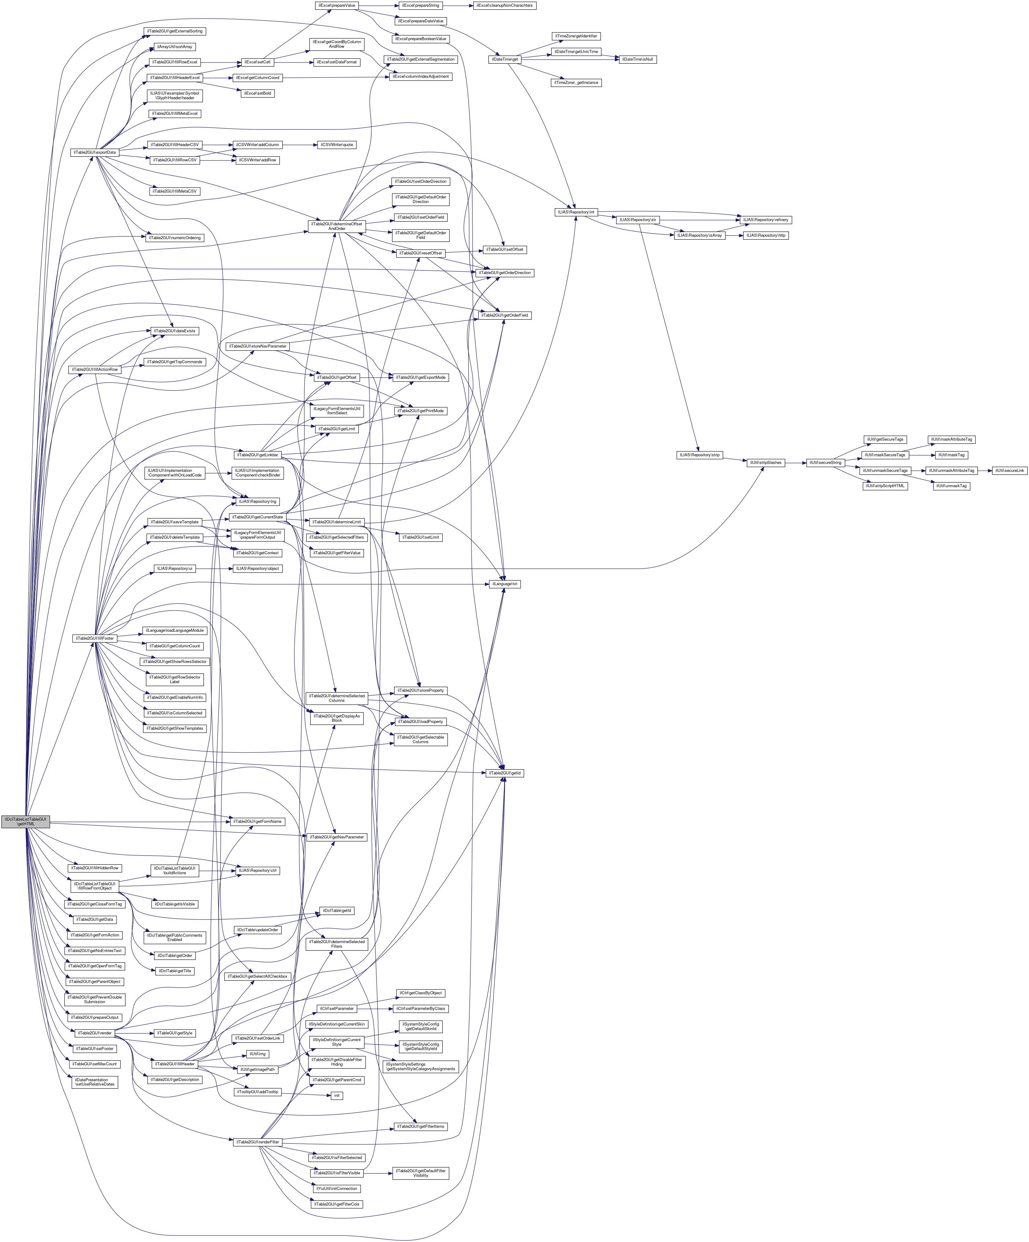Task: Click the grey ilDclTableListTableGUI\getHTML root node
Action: pyautogui.click(x=25, y=822)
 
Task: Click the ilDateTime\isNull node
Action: pyautogui.click(x=637, y=59)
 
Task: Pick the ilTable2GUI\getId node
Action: pyautogui.click(x=505, y=773)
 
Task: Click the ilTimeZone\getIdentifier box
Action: pyautogui.click(x=576, y=36)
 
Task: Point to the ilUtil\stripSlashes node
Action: pyautogui.click(x=766, y=462)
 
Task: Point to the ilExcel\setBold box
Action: pyautogui.click(x=257, y=93)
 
